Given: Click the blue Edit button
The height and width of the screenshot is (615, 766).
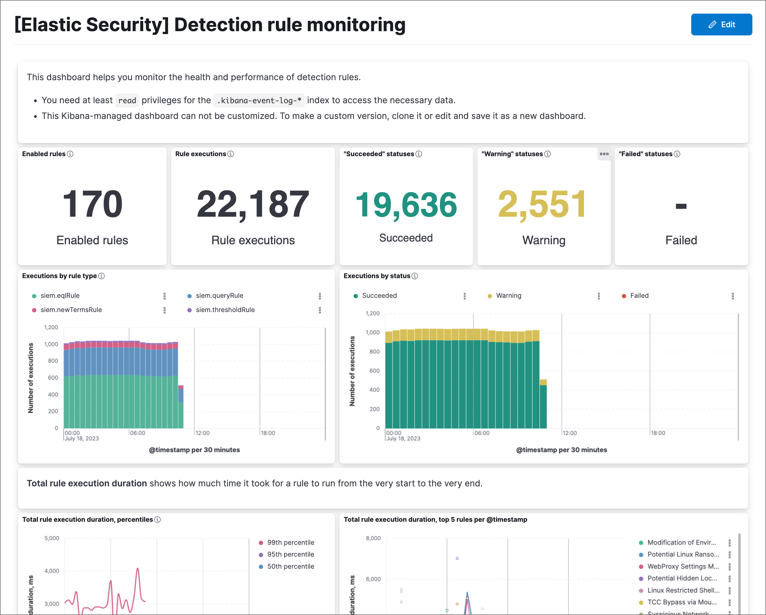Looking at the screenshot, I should tap(721, 25).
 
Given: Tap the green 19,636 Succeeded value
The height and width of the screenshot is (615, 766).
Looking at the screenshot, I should tap(406, 205).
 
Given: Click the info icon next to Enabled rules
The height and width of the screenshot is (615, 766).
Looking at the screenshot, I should tap(70, 154).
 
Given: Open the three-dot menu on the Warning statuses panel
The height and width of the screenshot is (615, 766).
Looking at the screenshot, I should tap(604, 154).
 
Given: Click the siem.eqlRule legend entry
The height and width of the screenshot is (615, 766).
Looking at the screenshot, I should tap(60, 295).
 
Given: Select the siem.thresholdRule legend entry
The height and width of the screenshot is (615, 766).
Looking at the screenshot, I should tap(225, 310).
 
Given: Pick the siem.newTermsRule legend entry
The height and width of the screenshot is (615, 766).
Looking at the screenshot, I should tap(71, 310).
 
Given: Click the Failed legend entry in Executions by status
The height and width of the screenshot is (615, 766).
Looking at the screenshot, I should tap(639, 295).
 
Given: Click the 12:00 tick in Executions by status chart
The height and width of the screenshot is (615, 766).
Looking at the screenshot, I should tap(570, 433).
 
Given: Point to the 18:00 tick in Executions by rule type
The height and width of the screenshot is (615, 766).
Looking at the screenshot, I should tap(268, 433).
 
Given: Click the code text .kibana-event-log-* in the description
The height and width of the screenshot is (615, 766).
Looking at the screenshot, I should tap(259, 100).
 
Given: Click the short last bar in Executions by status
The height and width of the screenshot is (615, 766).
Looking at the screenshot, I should tap(543, 405).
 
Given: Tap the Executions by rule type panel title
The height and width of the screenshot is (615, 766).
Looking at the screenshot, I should tap(59, 276).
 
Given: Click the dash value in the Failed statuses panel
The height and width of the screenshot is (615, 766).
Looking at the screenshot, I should tap(681, 206).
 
